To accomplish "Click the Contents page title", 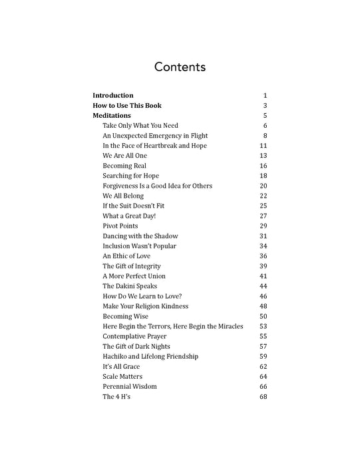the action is [180, 67].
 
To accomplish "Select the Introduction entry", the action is [112, 95].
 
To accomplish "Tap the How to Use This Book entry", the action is [126, 105].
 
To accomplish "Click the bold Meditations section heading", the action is [111, 115].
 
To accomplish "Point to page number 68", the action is [263, 397].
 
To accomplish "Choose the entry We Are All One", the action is [124, 155].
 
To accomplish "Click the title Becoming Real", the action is [124, 166].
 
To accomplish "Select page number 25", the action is [263, 206].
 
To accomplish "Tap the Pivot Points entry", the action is [120, 226].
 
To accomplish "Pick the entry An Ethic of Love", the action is [126, 256].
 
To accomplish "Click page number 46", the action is [263, 296].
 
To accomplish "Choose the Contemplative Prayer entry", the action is [134, 336].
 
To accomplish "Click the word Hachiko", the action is [116, 356].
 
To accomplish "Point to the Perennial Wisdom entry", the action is [129, 387].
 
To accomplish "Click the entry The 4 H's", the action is [116, 397].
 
